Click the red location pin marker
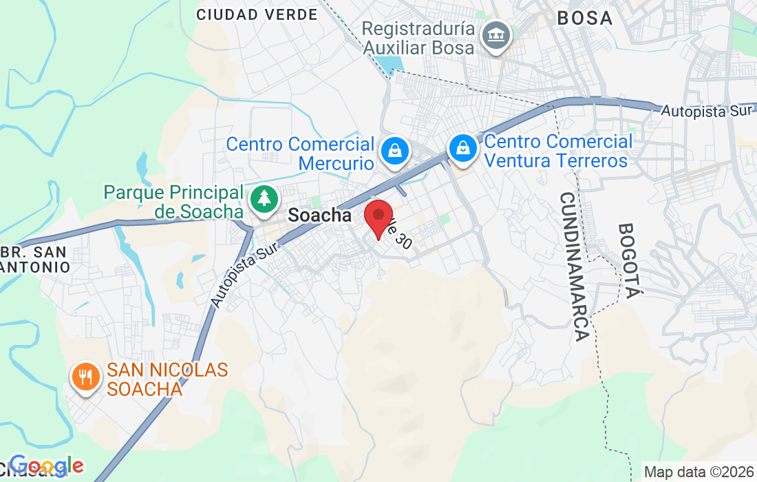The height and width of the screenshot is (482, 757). pyautogui.click(x=378, y=217)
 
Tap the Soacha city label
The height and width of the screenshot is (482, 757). pyautogui.click(x=319, y=216)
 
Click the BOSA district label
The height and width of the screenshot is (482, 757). pyautogui.click(x=585, y=18)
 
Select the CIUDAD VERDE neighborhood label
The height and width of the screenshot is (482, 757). pyautogui.click(x=257, y=14)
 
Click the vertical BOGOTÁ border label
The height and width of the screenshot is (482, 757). pyautogui.click(x=629, y=260)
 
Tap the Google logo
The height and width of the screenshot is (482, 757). pyautogui.click(x=46, y=466)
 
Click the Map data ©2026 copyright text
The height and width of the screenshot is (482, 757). pyautogui.click(x=699, y=472)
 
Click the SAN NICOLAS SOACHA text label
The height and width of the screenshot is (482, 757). pyautogui.click(x=167, y=379)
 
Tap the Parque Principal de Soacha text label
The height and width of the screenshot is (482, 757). pyautogui.click(x=174, y=202)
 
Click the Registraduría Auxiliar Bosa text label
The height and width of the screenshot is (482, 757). pyautogui.click(x=418, y=39)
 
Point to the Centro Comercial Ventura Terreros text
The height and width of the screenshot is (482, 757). pyautogui.click(x=557, y=151)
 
